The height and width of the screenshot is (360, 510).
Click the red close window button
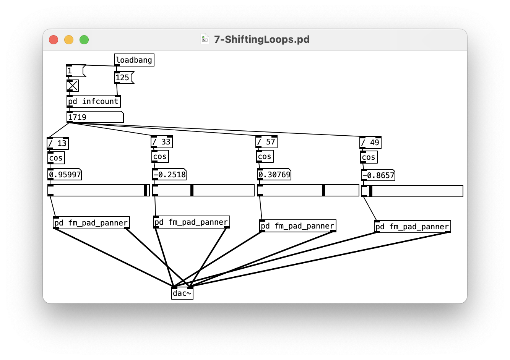click(x=54, y=40)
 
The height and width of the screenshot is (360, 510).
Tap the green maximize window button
click(x=84, y=40)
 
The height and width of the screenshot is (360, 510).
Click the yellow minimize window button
click(x=69, y=40)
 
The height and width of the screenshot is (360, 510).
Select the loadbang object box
click(x=134, y=60)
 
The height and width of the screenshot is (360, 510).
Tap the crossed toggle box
click(x=73, y=86)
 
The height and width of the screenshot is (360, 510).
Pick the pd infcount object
click(x=93, y=101)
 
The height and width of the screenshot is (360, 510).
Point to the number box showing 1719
click(x=95, y=117)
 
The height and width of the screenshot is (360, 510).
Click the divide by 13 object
click(x=57, y=143)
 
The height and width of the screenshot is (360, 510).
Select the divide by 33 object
click(x=161, y=142)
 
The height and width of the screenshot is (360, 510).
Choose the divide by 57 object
click(x=266, y=142)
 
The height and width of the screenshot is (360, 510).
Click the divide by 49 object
click(x=370, y=143)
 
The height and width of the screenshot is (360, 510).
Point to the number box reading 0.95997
click(x=65, y=175)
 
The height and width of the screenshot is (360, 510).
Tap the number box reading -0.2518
click(x=169, y=175)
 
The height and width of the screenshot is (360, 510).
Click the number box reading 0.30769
click(x=274, y=175)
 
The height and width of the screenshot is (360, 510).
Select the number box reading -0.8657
click(x=378, y=175)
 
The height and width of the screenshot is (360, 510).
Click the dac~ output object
click(x=182, y=293)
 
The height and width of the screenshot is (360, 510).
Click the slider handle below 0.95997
click(x=145, y=190)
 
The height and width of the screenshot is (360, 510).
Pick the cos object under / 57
click(x=265, y=156)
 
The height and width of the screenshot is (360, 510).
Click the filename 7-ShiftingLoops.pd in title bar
click(x=261, y=39)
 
